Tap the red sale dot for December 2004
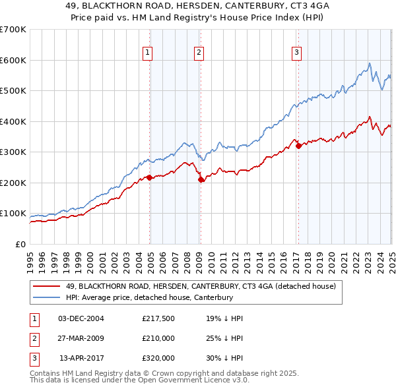pos(150,177)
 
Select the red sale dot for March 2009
pos(201,179)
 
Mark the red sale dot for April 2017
pos(298,146)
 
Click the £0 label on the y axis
pos(20,245)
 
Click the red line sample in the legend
pos(46,286)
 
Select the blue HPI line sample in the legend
pos(46,297)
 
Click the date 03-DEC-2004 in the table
pos(81,318)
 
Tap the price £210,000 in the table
pos(158,338)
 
